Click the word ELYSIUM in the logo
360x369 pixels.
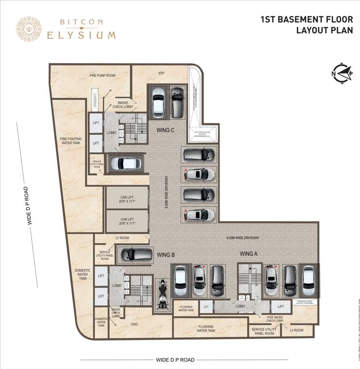(x=81, y=35)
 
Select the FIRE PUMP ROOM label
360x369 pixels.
(x=102, y=75)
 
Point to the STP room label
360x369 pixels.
(x=162, y=74)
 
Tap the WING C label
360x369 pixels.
(x=165, y=130)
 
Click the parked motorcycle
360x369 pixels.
(x=161, y=294)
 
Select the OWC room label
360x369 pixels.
(x=135, y=324)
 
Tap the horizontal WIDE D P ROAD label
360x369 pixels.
(x=175, y=359)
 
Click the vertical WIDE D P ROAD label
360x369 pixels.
(x=30, y=205)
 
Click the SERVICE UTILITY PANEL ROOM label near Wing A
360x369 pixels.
(x=262, y=331)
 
